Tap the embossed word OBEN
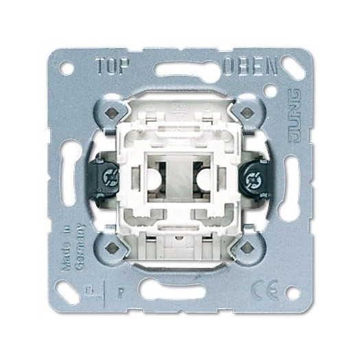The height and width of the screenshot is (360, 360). [250, 67]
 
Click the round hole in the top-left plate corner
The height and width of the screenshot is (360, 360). [67, 69]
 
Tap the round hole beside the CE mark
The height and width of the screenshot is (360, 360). [292, 291]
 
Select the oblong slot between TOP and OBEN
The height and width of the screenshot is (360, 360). [179, 69]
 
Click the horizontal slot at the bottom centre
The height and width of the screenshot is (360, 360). [179, 290]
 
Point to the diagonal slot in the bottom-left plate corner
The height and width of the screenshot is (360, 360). [70, 289]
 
